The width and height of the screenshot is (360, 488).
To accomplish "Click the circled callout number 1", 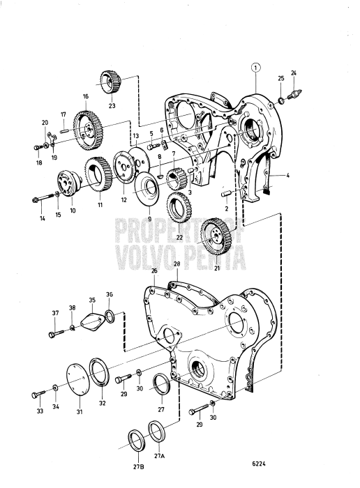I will click(256, 68).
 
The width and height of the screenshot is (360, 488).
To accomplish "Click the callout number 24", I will click(294, 73).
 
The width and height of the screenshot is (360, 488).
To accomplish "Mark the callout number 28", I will click(177, 264).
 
